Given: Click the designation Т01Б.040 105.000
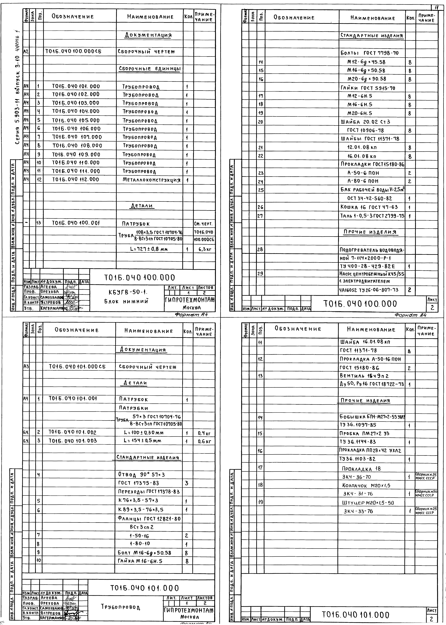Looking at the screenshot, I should coord(76,120).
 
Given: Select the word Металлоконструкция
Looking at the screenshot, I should coord(152,180).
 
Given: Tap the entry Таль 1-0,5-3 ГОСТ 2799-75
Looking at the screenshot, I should coord(372,216).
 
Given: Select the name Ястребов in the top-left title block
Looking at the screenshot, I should coord(51,303).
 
